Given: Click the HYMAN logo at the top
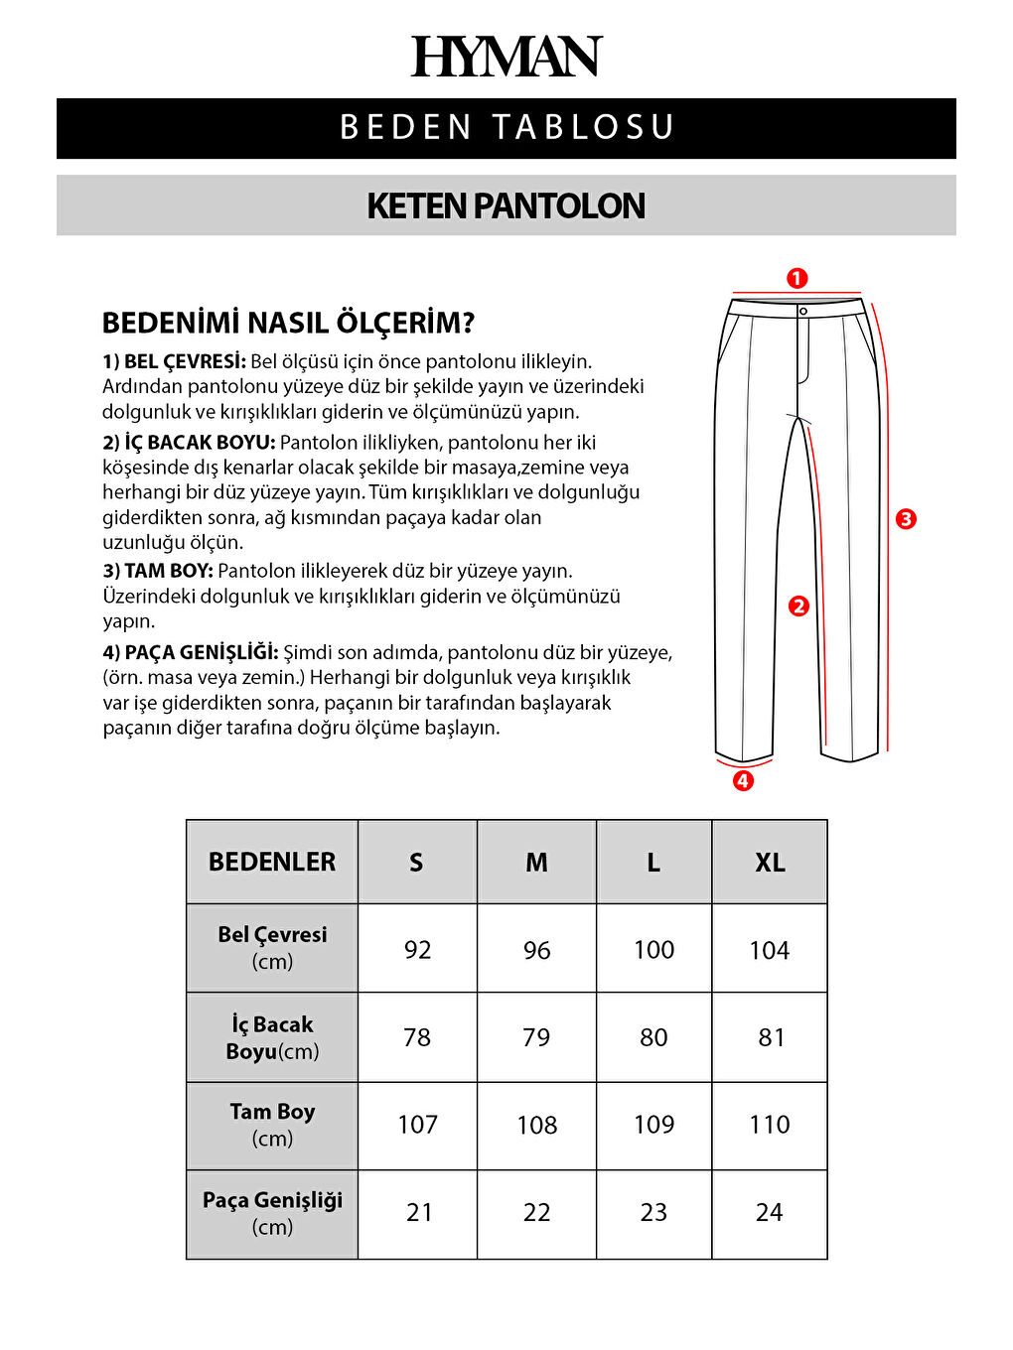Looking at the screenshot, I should [x=506, y=57].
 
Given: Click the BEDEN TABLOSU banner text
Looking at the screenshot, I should [x=506, y=128].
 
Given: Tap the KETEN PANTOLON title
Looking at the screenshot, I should [x=506, y=205].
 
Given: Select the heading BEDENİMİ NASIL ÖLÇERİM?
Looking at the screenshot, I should [x=288, y=323].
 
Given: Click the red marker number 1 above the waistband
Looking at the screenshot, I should [x=796, y=279].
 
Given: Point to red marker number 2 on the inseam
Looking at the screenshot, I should [x=798, y=607].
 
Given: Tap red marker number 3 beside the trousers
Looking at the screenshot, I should [x=906, y=518].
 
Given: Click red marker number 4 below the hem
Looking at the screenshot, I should [x=743, y=781].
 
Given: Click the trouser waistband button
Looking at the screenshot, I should [x=803, y=312].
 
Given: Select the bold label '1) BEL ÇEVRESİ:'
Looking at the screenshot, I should [x=174, y=361].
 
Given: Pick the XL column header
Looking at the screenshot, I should [x=770, y=863].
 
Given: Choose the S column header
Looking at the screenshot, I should [x=416, y=863].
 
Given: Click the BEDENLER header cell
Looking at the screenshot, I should [x=272, y=862].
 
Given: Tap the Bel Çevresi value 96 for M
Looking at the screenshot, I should [x=536, y=950].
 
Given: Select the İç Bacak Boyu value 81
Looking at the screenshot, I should [x=771, y=1037].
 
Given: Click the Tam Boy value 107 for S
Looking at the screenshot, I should [x=417, y=1125].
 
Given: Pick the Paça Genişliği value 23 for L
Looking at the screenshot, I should [x=653, y=1212].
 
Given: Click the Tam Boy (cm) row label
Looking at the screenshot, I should [x=272, y=1125].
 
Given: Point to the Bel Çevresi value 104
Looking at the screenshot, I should [x=770, y=950].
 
